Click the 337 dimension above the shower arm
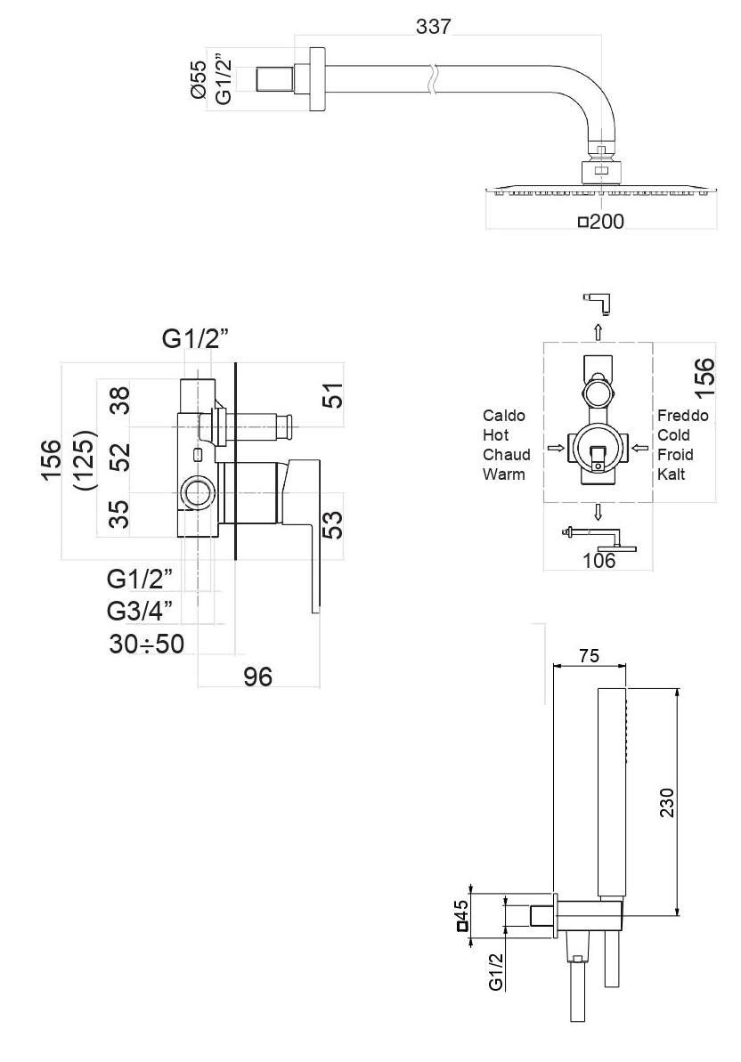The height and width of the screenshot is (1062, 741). [x=433, y=26]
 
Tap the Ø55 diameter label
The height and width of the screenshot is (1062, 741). [x=198, y=80]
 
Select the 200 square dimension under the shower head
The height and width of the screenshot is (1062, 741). [x=601, y=221]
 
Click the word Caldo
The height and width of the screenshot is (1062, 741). [x=503, y=415]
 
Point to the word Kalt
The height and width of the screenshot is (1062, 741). [x=672, y=474]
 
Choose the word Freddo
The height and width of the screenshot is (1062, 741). [x=683, y=415]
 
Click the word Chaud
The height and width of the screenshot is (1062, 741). [x=506, y=455]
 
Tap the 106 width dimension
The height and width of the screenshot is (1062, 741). [x=599, y=560]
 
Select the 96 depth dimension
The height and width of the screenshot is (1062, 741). [x=258, y=676]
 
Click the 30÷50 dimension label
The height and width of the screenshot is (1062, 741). [x=146, y=644]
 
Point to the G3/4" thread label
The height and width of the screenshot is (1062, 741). [x=140, y=611]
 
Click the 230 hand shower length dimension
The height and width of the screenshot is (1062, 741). [x=667, y=803]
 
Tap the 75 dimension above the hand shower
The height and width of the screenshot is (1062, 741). [x=589, y=655]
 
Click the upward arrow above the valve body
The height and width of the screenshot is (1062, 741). [x=598, y=331]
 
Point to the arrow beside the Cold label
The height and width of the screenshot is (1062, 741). [x=637, y=448]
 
